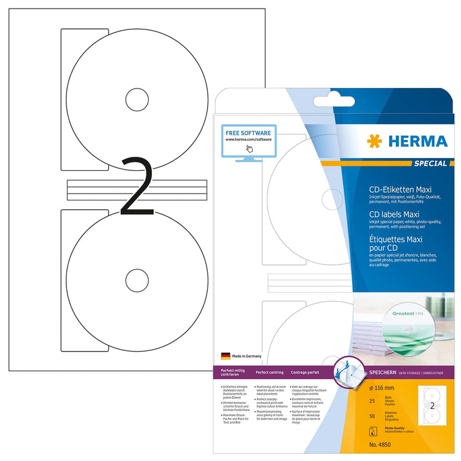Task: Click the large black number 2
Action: tap(137, 186)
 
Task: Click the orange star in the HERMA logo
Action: tap(374, 141)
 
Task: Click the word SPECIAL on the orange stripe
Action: tap(431, 164)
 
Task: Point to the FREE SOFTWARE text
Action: tap(248, 132)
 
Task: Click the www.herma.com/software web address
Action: tap(248, 140)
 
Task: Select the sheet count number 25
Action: tap(371, 400)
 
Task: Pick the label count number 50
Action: tap(371, 417)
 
